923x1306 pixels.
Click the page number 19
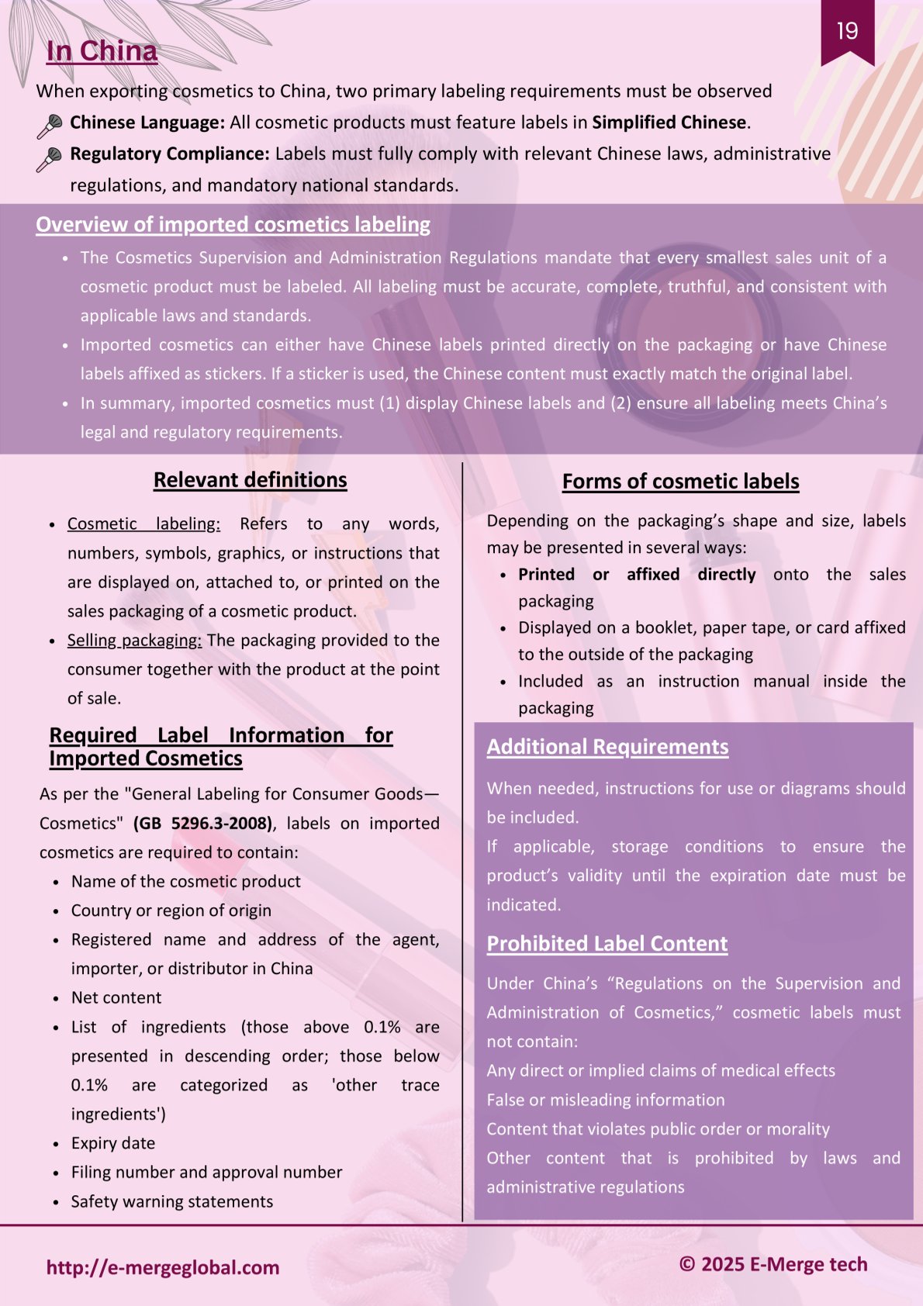pos(847,31)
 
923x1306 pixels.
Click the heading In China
pos(102,51)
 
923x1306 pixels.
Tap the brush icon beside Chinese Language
pos(50,126)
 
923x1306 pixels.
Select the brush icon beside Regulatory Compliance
pos(49,159)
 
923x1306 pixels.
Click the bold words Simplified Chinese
pos(669,123)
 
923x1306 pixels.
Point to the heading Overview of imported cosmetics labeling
pos(233,225)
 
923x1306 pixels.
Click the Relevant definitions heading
pos(250,480)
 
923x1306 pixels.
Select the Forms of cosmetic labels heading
pos(680,482)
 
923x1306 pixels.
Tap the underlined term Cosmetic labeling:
pos(143,524)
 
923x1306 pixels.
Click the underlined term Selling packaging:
pos(134,641)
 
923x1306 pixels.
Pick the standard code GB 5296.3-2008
pos(202,824)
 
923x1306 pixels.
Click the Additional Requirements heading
pos(607,747)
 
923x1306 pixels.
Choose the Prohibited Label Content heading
pos(607,944)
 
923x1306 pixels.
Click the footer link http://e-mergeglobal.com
pos(163,1268)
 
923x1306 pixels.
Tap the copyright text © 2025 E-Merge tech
pos(773,1265)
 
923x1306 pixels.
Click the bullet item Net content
pos(116,998)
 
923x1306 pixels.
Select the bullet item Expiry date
pos(113,1144)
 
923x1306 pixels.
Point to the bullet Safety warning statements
pos(172,1202)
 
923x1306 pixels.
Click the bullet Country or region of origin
pos(171,910)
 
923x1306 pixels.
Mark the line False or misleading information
pos(606,1100)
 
